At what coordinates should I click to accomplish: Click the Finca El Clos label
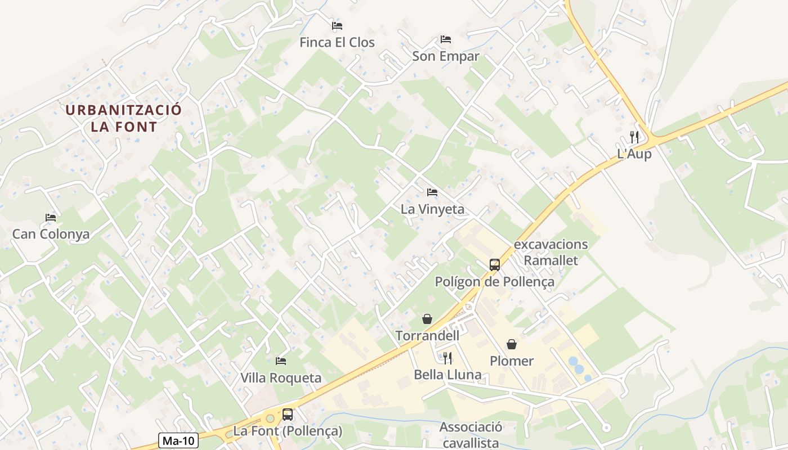pyautogui.click(x=337, y=42)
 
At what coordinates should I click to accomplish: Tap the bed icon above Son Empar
pyautogui.click(x=446, y=39)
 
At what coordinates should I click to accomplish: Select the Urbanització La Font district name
pyautogui.click(x=124, y=118)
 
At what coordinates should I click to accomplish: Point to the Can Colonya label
pyautogui.click(x=51, y=234)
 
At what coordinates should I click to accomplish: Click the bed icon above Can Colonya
pyautogui.click(x=51, y=218)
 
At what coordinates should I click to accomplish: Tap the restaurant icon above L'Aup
pyautogui.click(x=634, y=137)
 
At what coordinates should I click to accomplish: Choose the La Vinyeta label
pyautogui.click(x=432, y=209)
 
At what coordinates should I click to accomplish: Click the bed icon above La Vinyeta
pyautogui.click(x=432, y=193)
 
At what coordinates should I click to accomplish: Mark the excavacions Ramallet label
pyautogui.click(x=550, y=252)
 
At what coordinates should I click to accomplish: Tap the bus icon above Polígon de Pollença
pyautogui.click(x=494, y=264)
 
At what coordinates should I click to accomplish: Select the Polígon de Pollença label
pyautogui.click(x=494, y=281)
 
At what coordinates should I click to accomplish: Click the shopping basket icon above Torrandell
pyautogui.click(x=427, y=319)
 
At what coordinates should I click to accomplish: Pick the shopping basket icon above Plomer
pyautogui.click(x=512, y=344)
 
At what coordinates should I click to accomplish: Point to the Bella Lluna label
pyautogui.click(x=447, y=375)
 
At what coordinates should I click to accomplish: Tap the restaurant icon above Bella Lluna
pyautogui.click(x=447, y=358)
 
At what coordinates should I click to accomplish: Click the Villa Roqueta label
pyautogui.click(x=281, y=378)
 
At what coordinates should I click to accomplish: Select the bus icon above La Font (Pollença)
pyautogui.click(x=288, y=415)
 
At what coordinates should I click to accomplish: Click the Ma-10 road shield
pyautogui.click(x=178, y=440)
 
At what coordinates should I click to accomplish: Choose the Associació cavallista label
pyautogui.click(x=471, y=435)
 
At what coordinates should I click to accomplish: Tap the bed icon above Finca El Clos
pyautogui.click(x=337, y=26)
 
